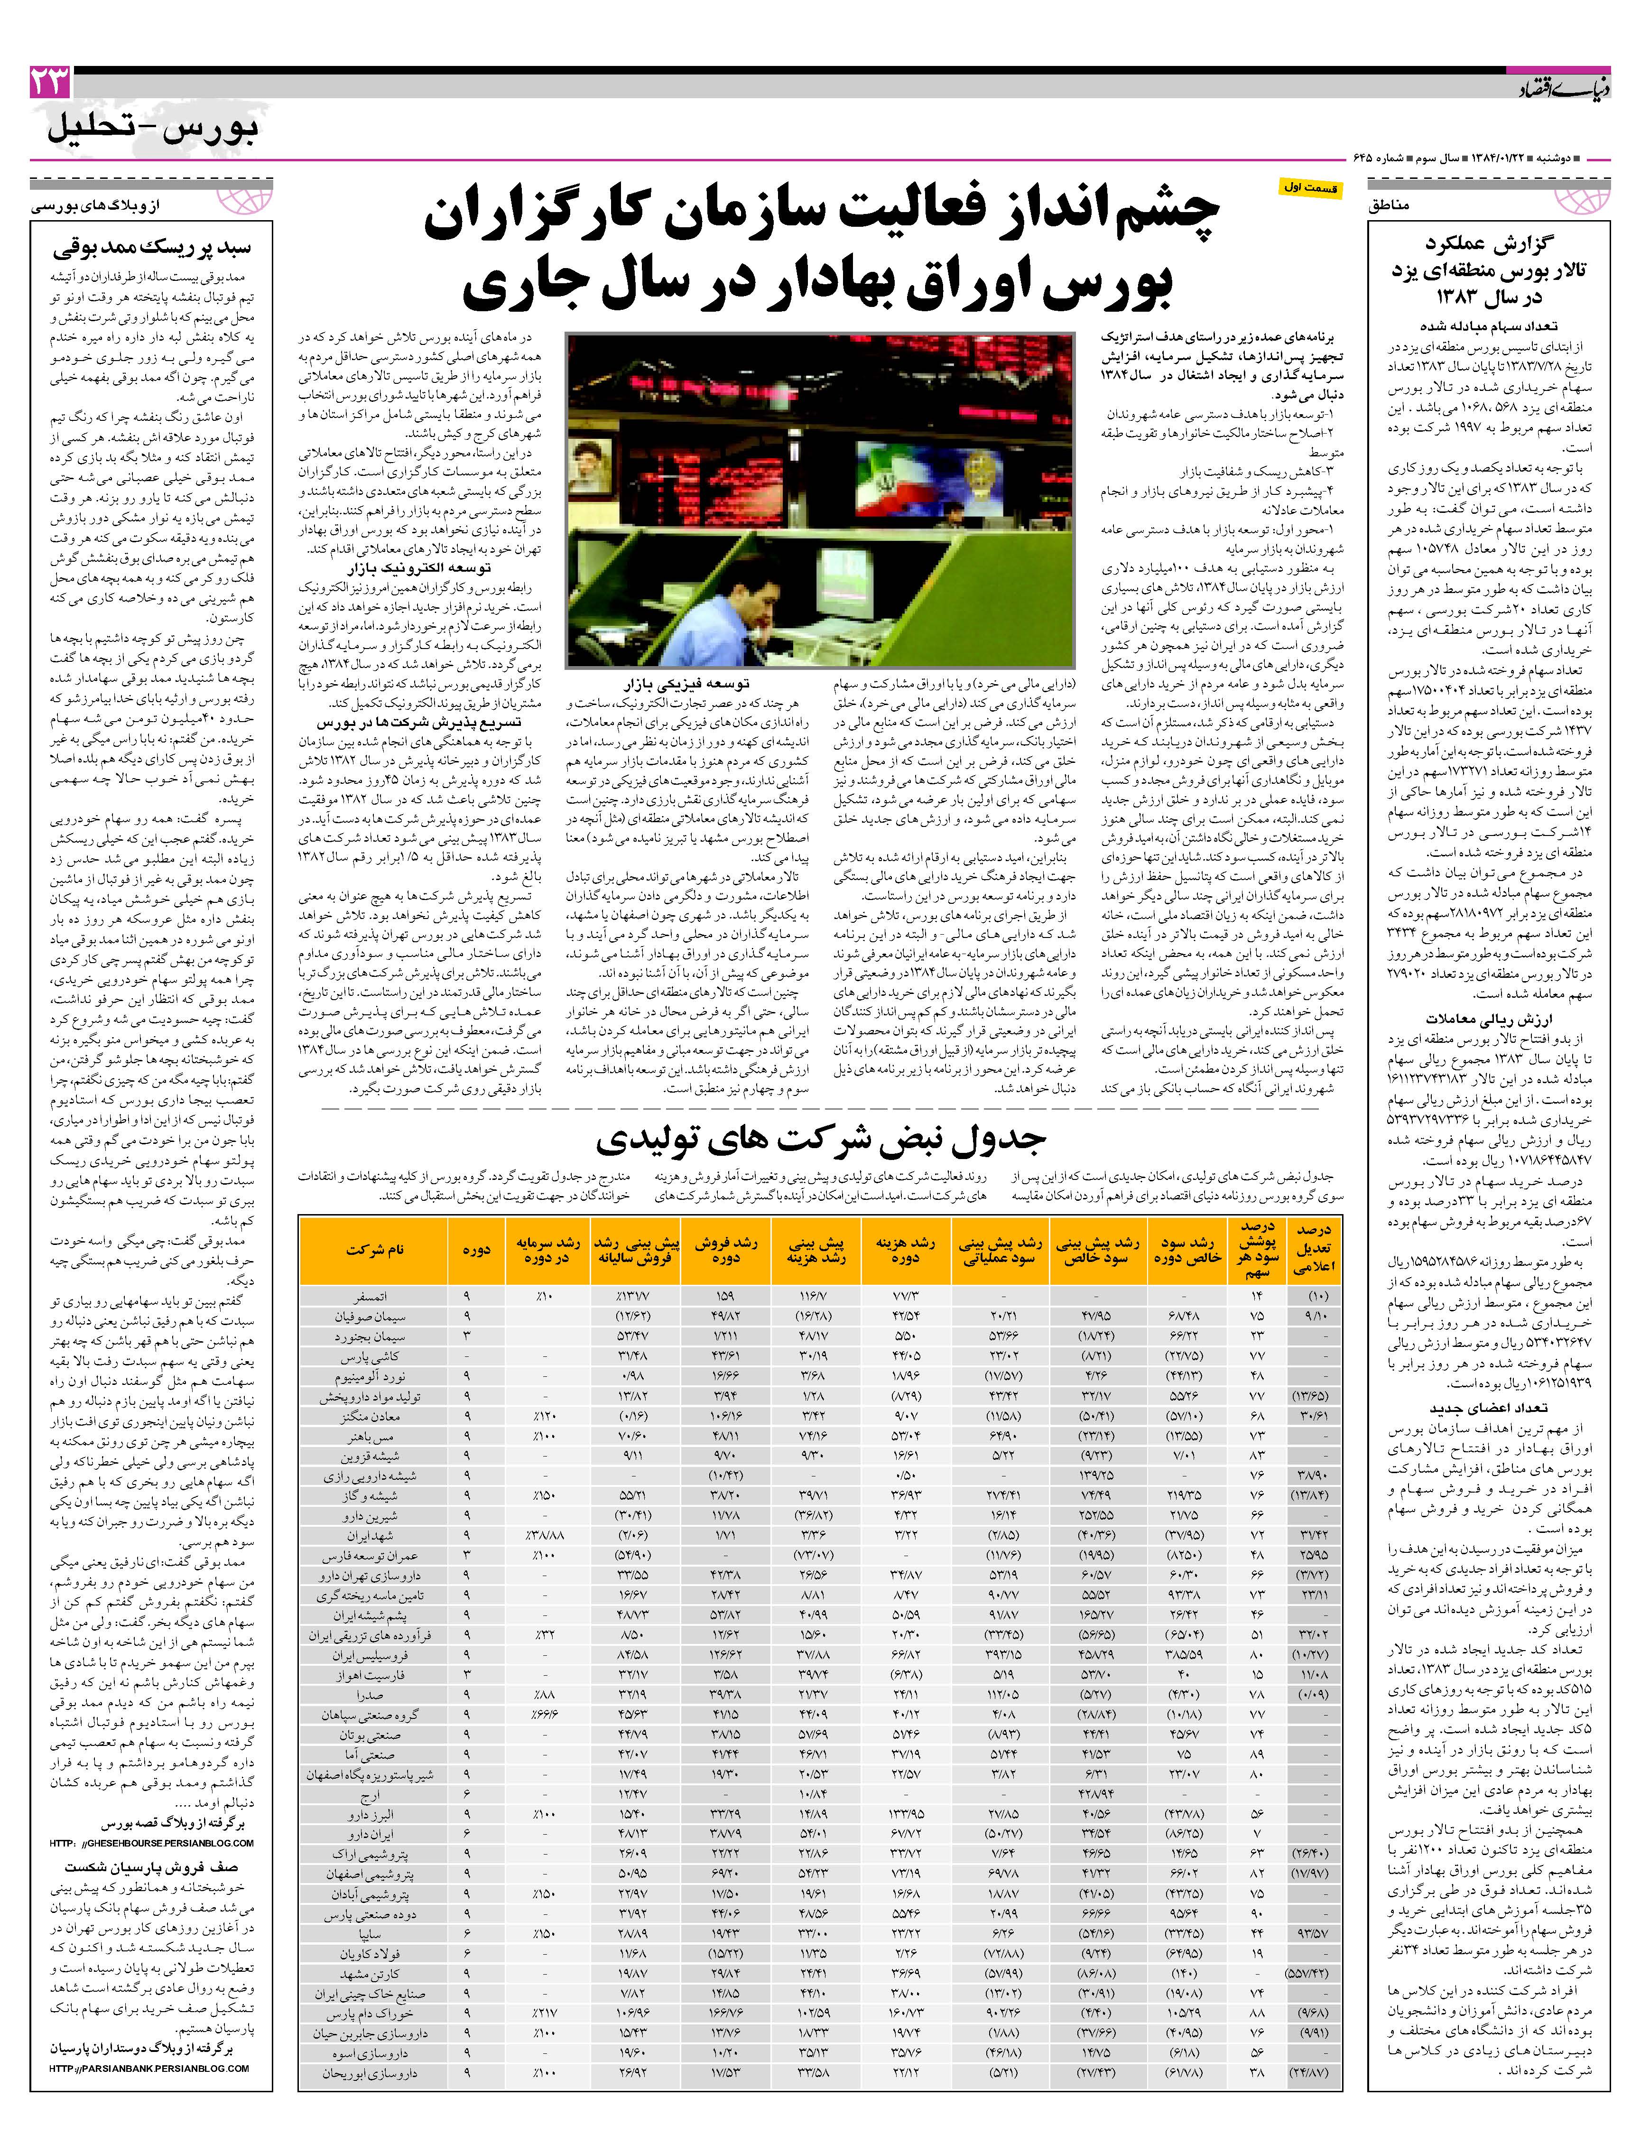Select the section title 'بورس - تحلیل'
pos(151,130)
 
